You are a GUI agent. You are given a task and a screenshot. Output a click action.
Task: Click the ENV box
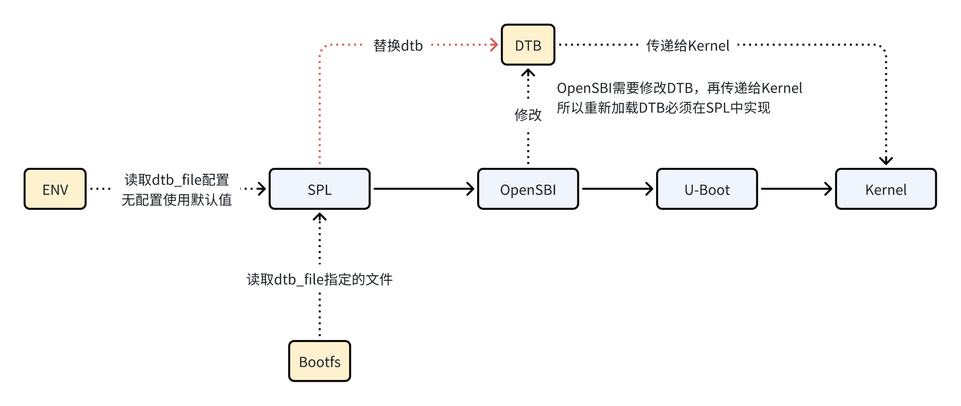(x=55, y=189)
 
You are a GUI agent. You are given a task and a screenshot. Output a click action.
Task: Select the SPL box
(x=319, y=189)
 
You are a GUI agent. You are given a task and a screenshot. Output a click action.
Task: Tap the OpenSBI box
(x=527, y=189)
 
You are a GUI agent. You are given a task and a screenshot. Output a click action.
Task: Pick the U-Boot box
(x=706, y=189)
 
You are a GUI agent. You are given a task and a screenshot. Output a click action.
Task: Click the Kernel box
(x=885, y=189)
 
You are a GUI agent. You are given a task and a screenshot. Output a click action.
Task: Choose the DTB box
(x=527, y=45)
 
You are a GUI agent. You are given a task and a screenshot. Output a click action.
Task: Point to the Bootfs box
(x=319, y=361)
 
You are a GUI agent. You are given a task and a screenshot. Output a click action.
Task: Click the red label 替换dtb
(x=398, y=46)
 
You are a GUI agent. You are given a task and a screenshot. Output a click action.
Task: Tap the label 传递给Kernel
(x=687, y=46)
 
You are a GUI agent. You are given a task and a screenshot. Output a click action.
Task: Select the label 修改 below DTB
(x=527, y=115)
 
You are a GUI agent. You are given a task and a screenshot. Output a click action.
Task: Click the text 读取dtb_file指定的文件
(x=319, y=279)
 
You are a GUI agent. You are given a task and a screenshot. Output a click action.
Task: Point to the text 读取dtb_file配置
(x=176, y=179)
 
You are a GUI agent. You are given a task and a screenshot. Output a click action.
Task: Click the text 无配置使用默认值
(x=176, y=200)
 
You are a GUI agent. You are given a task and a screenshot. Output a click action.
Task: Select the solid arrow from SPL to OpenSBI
(x=423, y=189)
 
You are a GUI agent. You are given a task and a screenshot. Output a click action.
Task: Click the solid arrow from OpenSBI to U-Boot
(x=617, y=189)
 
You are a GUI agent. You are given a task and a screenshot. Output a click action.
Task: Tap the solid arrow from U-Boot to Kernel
(x=796, y=189)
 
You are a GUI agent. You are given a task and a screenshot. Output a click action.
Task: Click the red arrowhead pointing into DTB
(x=494, y=45)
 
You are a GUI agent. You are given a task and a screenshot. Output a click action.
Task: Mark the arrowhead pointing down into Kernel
(x=885, y=160)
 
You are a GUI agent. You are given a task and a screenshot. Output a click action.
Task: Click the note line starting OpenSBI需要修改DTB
(x=679, y=88)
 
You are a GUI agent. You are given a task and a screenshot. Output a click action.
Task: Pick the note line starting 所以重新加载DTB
(x=663, y=108)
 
